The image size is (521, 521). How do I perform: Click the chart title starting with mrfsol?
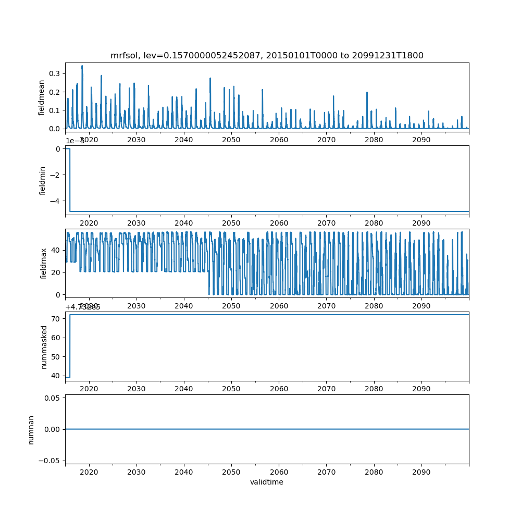[x=267, y=56]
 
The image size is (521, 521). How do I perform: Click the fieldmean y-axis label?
[x=41, y=97]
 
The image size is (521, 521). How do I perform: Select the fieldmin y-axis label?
[x=42, y=180]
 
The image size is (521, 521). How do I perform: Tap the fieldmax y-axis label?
[x=43, y=263]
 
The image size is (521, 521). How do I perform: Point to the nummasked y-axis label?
[x=44, y=346]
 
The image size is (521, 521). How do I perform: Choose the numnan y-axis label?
[x=31, y=429]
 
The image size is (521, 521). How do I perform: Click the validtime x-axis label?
[x=267, y=482]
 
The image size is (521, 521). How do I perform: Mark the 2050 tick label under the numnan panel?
[x=231, y=472]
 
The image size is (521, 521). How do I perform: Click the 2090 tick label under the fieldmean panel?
[x=421, y=140]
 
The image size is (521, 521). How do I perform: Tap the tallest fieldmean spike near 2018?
[x=82, y=66]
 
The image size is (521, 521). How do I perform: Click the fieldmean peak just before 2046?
[x=210, y=78]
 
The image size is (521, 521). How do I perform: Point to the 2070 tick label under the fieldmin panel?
[x=326, y=222]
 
